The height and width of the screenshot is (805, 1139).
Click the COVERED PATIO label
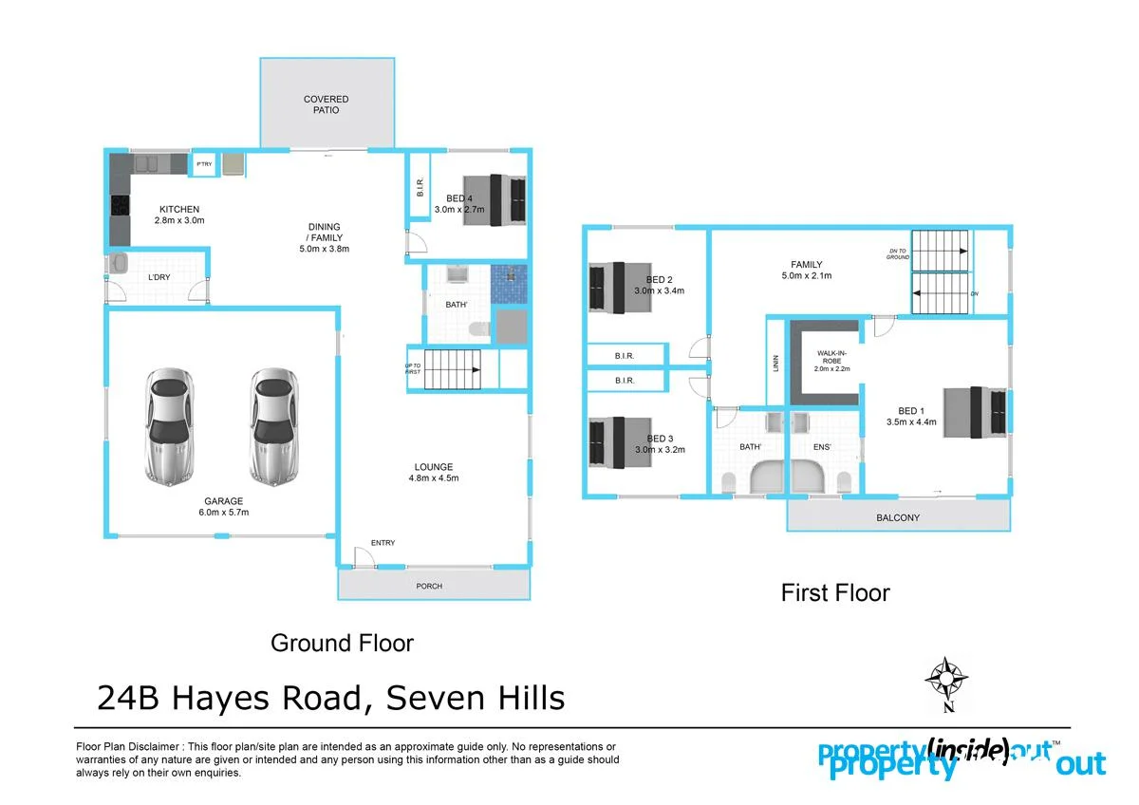point(326,104)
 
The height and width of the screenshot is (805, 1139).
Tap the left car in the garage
point(172,424)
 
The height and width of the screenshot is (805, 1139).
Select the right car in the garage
point(275,424)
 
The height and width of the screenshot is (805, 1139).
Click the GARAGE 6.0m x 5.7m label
point(225,507)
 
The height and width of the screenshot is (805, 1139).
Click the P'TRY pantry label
point(204,164)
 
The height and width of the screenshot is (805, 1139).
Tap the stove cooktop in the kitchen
point(120,205)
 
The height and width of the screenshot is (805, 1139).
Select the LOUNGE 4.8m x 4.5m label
point(433,472)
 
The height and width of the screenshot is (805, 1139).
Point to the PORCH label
point(429,586)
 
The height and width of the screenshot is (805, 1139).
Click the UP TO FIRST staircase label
point(413,367)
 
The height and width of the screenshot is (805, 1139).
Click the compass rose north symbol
point(945,678)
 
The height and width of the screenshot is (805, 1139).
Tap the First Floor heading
point(835,593)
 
